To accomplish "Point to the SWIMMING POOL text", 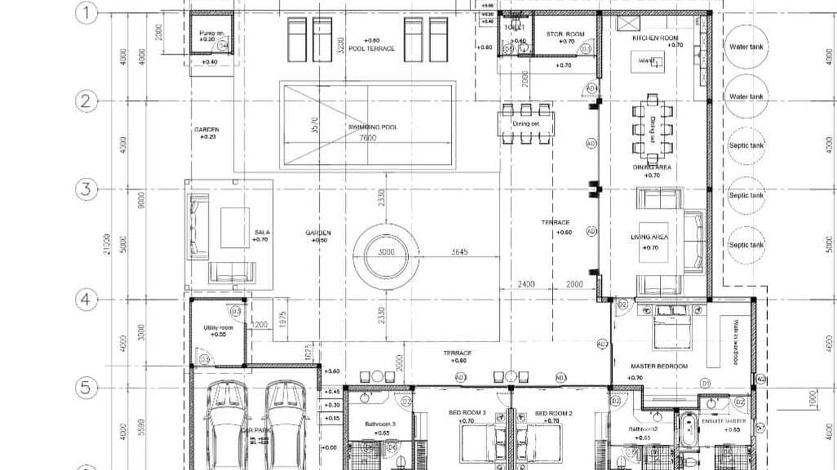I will click(x=372, y=127).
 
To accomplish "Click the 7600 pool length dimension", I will click(x=367, y=138).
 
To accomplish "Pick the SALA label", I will click(x=261, y=232).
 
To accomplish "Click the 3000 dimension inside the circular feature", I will click(x=385, y=253).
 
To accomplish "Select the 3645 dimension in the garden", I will click(x=460, y=252).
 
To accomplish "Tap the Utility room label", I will click(x=218, y=328).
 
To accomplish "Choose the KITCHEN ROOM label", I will click(x=655, y=38).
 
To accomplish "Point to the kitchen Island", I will click(x=647, y=61).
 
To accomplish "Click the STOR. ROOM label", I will click(x=565, y=34).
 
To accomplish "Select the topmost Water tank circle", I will click(x=746, y=47).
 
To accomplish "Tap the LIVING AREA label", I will click(x=649, y=237).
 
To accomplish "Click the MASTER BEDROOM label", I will click(x=659, y=367).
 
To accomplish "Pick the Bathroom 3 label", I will click(x=380, y=424).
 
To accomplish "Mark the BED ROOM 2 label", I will click(x=553, y=413).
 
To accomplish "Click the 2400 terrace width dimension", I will click(x=526, y=284).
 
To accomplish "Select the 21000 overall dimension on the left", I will click(x=107, y=244).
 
